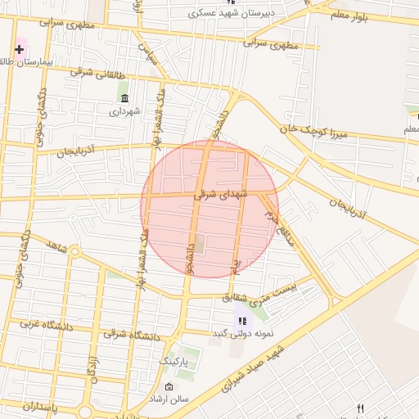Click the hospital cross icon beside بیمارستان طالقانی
click(x=19, y=49)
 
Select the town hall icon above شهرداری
click(x=124, y=98)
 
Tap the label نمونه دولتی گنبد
click(x=241, y=333)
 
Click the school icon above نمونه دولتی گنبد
click(x=241, y=320)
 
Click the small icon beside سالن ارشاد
click(x=169, y=386)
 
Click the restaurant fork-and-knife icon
click(x=360, y=408)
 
